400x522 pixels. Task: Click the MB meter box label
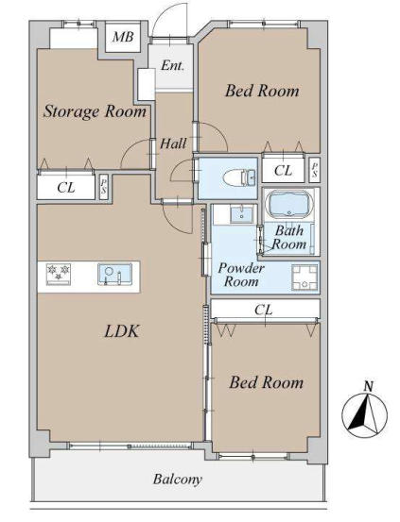pyautogui.click(x=123, y=37)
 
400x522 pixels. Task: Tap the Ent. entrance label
pyautogui.click(x=172, y=65)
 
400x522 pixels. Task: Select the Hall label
pyautogui.click(x=173, y=143)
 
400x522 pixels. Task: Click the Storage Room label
pyautogui.click(x=95, y=111)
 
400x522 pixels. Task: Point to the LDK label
pyautogui.click(x=121, y=331)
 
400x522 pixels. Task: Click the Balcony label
pyautogui.click(x=178, y=480)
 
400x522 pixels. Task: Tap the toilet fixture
pyautogui.click(x=239, y=177)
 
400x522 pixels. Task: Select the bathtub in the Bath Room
pyautogui.click(x=289, y=204)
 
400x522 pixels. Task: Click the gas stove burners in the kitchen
pyautogui.click(x=59, y=275)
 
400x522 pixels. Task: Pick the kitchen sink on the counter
pyautogui.click(x=114, y=274)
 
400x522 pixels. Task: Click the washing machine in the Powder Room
pyautogui.click(x=304, y=277)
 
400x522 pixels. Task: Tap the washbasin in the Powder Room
pyautogui.click(x=242, y=214)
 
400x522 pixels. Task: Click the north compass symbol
pyautogui.click(x=364, y=414)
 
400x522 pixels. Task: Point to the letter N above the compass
pyautogui.click(x=368, y=386)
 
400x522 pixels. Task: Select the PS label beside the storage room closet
pyautogui.click(x=104, y=187)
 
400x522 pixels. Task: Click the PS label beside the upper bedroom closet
pyautogui.click(x=314, y=170)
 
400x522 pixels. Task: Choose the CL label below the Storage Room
pyautogui.click(x=66, y=188)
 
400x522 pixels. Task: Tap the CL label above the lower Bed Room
pyautogui.click(x=264, y=310)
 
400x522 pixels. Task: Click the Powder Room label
pyautogui.click(x=241, y=275)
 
